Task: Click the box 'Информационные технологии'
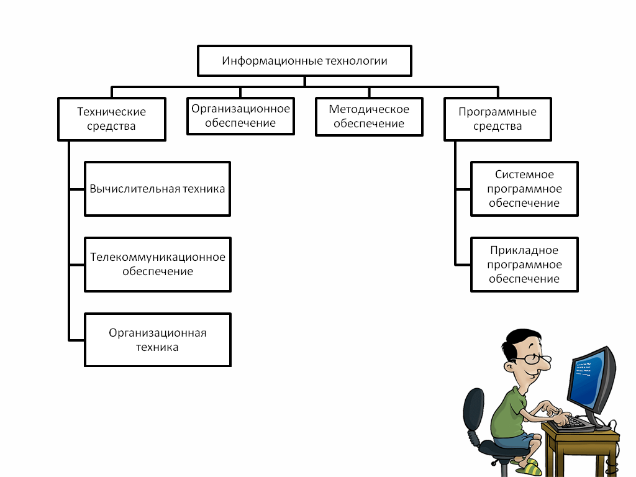[x=304, y=61]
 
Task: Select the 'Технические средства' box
[x=112, y=119]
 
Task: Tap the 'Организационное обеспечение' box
[x=240, y=116]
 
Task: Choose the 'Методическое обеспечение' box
[x=369, y=116]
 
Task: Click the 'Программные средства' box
[x=497, y=119]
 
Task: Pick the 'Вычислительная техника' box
[x=157, y=189]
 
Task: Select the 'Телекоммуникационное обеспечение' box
[x=157, y=264]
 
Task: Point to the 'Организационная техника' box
[x=157, y=340]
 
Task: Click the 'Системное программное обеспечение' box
[x=524, y=189]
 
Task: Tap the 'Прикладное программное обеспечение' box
[x=524, y=264]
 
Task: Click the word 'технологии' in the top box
[x=358, y=61]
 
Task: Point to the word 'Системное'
[x=524, y=175]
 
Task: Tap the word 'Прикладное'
[x=524, y=250]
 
